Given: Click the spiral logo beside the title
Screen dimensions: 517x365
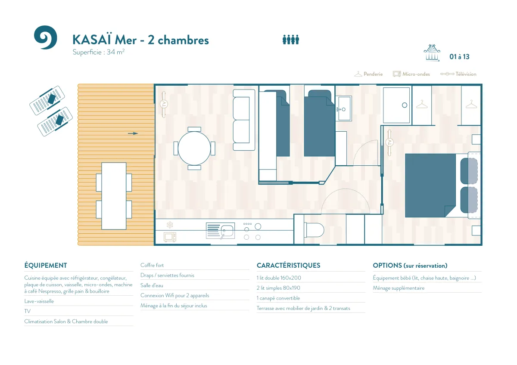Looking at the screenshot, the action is point(46,37).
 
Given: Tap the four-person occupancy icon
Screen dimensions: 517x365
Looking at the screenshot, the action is point(291,40).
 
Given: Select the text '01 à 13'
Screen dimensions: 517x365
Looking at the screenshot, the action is point(459,57).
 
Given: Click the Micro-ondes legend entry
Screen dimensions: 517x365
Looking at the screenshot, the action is point(411,74).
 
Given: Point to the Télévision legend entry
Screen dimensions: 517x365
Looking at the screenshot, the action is point(458,74).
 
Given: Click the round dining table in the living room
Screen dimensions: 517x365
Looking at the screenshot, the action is point(194,148).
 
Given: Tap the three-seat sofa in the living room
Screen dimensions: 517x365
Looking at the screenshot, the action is point(244,120).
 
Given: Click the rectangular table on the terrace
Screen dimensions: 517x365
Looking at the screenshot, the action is point(114,196).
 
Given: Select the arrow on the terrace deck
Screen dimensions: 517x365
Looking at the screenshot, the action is point(133,133).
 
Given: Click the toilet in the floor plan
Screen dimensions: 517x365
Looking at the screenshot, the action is point(314,230).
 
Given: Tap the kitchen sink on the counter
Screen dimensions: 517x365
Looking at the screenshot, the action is point(221,231).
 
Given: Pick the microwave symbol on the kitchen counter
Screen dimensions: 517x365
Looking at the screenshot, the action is point(170,237).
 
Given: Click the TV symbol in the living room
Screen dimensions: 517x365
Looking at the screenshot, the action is point(164,104).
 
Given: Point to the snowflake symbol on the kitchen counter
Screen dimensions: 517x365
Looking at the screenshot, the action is point(170,225).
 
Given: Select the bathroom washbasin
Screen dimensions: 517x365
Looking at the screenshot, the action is point(344,108).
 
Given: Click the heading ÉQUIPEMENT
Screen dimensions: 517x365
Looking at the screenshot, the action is point(46,266).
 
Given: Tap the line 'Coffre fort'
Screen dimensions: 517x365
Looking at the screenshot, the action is point(152,265).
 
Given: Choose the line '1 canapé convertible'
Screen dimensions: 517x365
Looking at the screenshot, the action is point(278,298).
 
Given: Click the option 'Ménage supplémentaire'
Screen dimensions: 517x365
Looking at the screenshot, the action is point(399,288).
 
